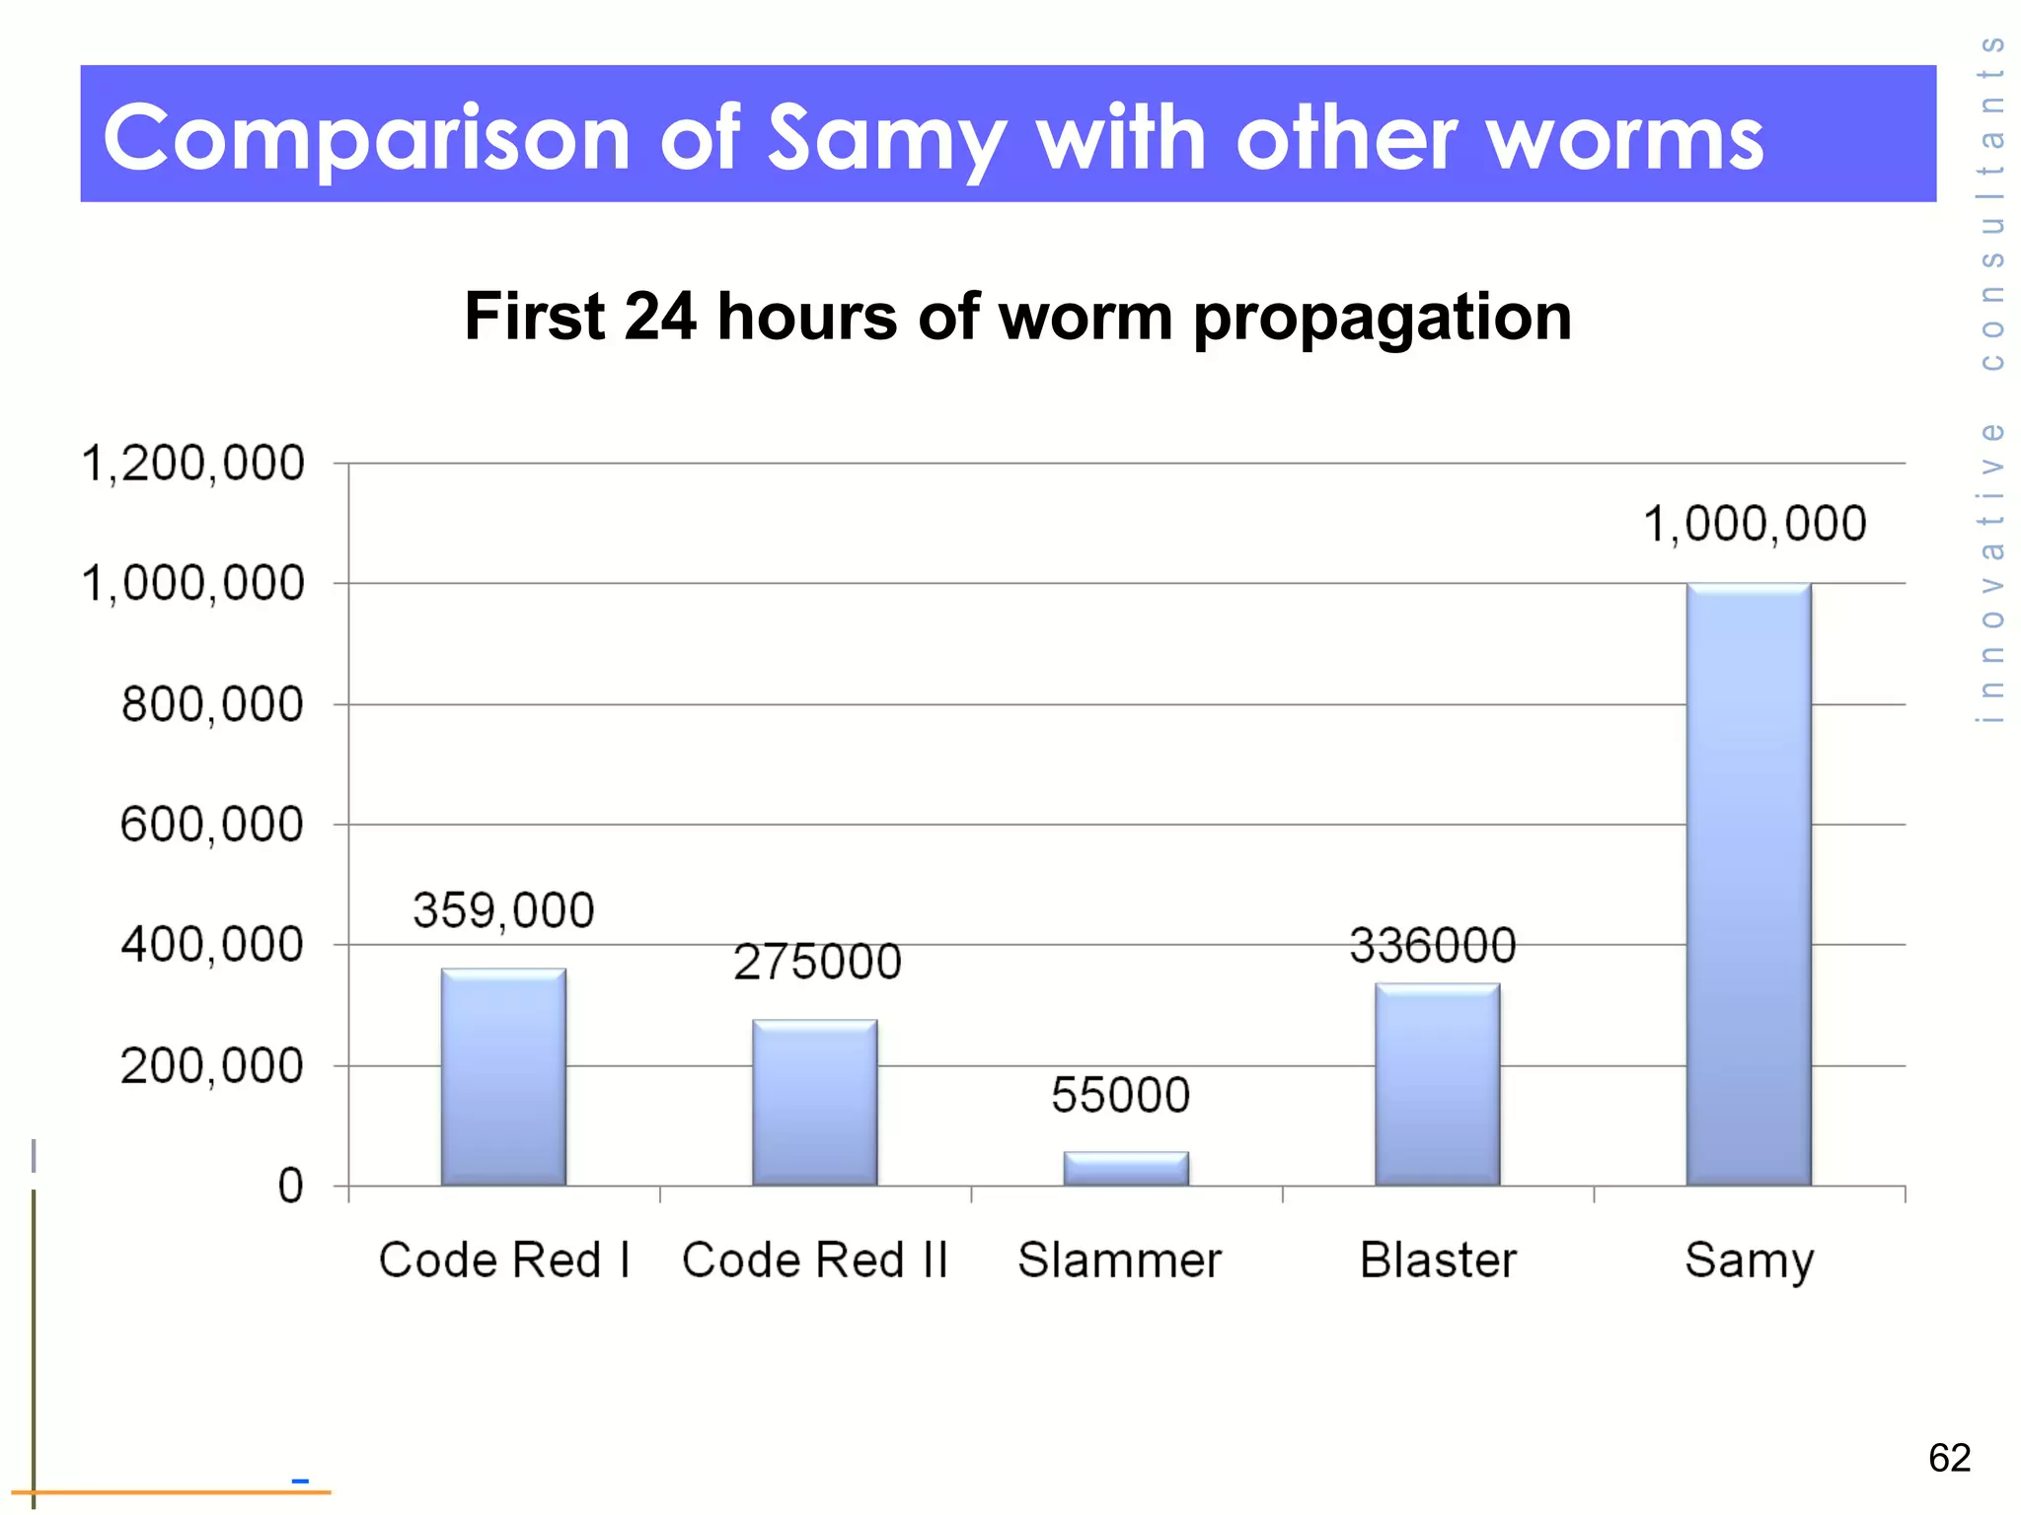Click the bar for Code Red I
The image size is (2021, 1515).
(x=503, y=1077)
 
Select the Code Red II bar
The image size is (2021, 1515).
(x=815, y=1103)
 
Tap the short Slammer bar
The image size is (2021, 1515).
(x=1126, y=1169)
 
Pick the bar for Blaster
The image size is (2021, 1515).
(x=1438, y=1084)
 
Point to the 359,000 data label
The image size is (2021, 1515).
(x=503, y=910)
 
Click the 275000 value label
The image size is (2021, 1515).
(x=817, y=963)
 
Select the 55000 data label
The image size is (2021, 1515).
(x=1121, y=1096)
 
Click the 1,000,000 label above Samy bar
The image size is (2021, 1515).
(x=1755, y=524)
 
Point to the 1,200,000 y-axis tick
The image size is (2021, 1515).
(x=193, y=464)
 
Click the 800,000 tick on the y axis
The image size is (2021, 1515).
(x=212, y=705)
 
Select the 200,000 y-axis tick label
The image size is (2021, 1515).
(x=212, y=1066)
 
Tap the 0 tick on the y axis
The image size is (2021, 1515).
(x=290, y=1187)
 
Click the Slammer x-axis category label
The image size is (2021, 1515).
(x=1120, y=1261)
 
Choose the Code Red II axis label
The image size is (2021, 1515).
(x=815, y=1261)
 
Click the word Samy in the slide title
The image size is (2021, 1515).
(x=887, y=138)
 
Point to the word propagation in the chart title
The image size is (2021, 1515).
(x=1382, y=318)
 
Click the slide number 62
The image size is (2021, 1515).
(x=1949, y=1458)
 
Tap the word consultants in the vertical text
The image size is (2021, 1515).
(x=1992, y=202)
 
